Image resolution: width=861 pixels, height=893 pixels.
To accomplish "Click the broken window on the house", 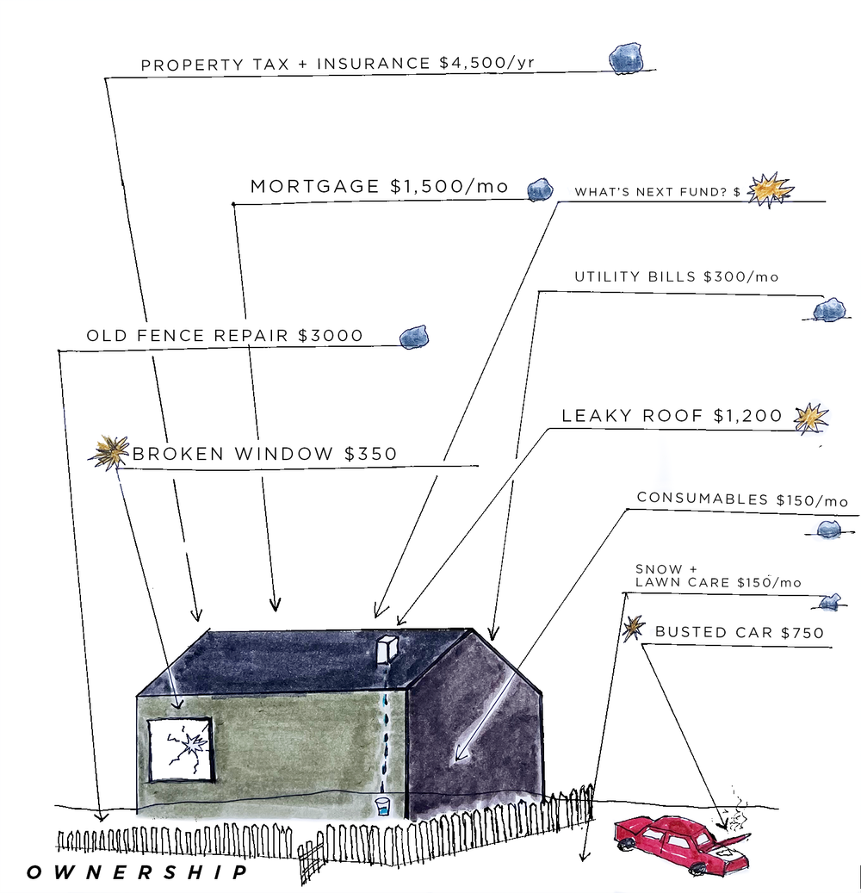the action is pyautogui.click(x=180, y=750).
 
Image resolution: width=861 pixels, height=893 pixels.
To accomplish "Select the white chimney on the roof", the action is pyautogui.click(x=388, y=650).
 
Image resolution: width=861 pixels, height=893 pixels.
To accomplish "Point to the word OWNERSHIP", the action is pyautogui.click(x=138, y=872).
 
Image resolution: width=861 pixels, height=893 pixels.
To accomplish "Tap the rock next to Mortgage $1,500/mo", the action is pyautogui.click(x=540, y=189).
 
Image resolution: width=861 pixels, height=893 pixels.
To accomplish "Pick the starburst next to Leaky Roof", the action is pyautogui.click(x=810, y=417).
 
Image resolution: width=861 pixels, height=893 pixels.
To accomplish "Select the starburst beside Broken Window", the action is pyautogui.click(x=109, y=451).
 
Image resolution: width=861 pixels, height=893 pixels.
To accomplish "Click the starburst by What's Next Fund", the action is pyautogui.click(x=768, y=190).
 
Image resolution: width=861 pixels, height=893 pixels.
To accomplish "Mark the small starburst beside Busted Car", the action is pyautogui.click(x=634, y=629).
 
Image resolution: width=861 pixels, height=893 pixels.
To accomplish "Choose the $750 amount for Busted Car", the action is pyautogui.click(x=802, y=633).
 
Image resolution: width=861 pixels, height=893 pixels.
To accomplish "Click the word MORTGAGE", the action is pyautogui.click(x=314, y=187).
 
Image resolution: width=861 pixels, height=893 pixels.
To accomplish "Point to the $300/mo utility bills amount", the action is pyautogui.click(x=740, y=276).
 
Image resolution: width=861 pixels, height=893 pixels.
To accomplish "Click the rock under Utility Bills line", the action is pyautogui.click(x=829, y=309).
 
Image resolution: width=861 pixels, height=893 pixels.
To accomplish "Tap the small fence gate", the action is pyautogui.click(x=312, y=856).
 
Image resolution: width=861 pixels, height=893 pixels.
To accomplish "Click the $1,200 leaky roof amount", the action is pyautogui.click(x=747, y=417).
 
